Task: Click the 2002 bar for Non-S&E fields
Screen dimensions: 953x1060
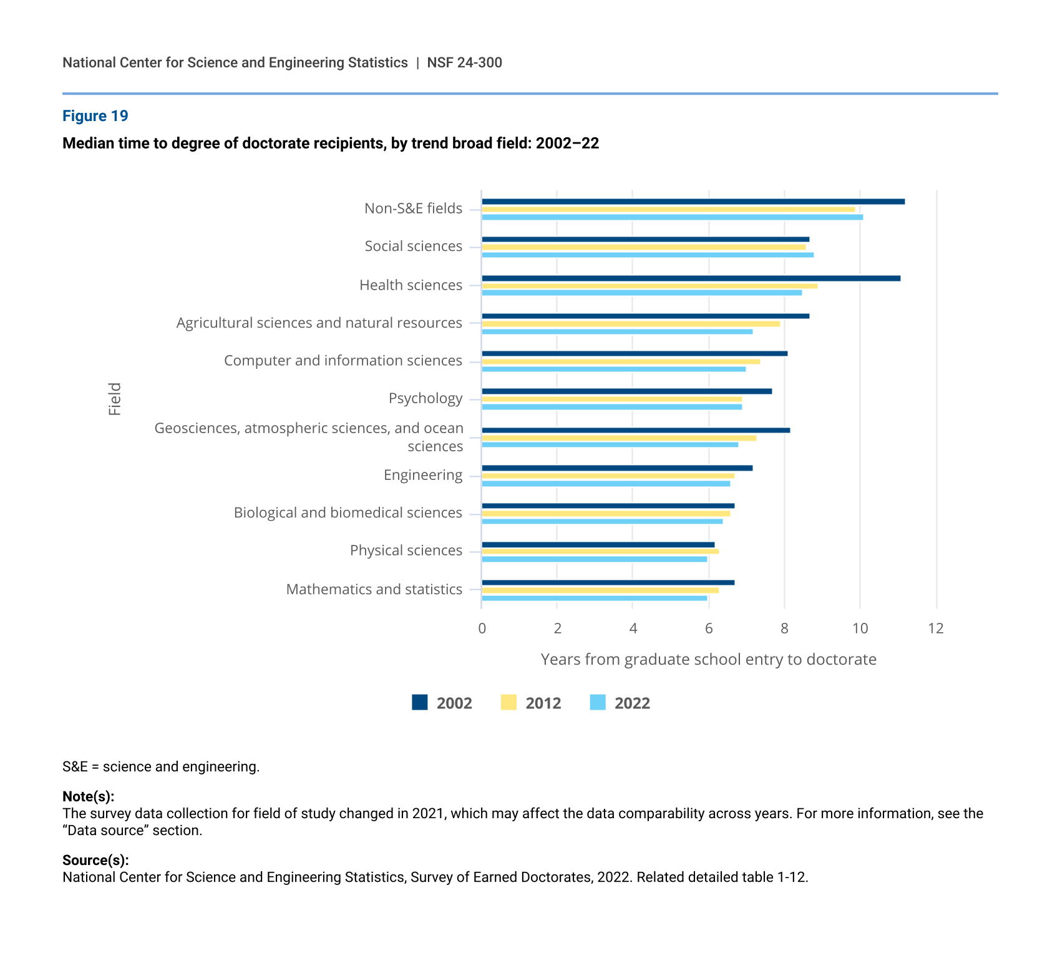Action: point(693,202)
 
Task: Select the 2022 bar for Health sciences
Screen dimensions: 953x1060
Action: point(641,293)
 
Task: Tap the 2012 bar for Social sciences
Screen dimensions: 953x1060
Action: point(643,247)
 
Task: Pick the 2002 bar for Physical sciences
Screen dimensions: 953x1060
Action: point(598,545)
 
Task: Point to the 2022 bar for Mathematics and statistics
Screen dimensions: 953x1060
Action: point(594,598)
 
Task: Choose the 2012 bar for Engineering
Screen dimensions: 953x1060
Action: point(608,476)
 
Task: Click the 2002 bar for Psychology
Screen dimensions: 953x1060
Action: point(626,391)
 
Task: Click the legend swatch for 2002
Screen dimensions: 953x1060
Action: point(420,703)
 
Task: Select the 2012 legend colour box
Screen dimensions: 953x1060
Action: point(508,703)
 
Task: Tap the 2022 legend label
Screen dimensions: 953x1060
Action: point(632,703)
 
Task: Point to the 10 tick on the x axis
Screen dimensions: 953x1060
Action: point(860,628)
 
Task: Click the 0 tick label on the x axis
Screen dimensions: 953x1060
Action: point(482,628)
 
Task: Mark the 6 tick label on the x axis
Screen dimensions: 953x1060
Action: point(709,628)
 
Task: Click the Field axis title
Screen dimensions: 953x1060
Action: point(115,399)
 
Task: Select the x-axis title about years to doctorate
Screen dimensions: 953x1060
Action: point(708,660)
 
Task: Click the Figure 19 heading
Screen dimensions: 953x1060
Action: point(95,116)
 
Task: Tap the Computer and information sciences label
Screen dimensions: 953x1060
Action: point(343,361)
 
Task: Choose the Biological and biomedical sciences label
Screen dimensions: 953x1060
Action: point(348,513)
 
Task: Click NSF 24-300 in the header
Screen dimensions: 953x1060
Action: point(464,62)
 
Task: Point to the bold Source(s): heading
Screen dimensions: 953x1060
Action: point(95,860)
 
